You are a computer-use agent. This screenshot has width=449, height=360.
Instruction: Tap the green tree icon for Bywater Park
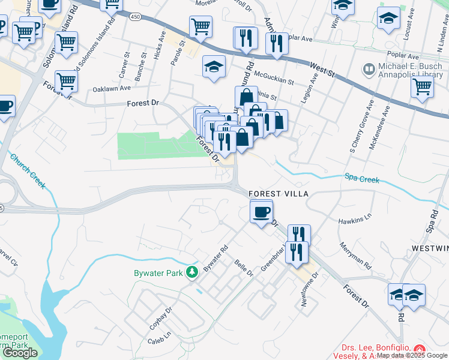coord(192,273)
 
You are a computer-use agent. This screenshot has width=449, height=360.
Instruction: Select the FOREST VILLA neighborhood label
coord(279,194)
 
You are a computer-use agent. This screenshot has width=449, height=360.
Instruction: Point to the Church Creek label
coord(27,171)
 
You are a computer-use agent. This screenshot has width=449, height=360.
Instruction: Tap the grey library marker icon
coord(367,69)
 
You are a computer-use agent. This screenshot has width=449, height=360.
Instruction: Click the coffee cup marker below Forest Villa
coord(262,212)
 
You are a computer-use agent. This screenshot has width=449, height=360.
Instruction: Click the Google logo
coord(20,353)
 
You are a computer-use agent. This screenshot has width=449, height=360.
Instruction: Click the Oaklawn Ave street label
coord(112,88)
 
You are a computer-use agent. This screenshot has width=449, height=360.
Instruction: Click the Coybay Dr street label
coord(160,319)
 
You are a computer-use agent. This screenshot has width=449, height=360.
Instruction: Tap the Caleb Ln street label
coord(159,341)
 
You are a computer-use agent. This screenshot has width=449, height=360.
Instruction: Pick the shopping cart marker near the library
coord(423,86)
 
